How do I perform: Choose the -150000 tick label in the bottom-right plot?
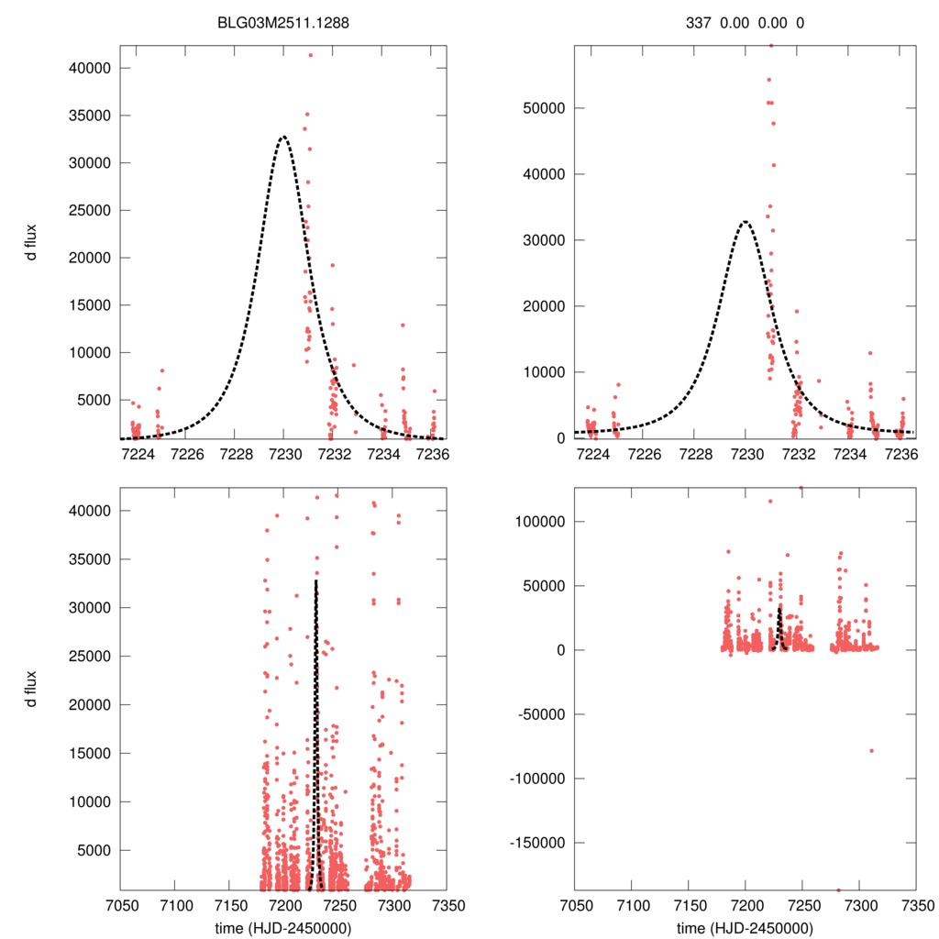point(536,843)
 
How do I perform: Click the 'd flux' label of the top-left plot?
point(32,243)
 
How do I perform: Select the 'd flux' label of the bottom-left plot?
point(32,689)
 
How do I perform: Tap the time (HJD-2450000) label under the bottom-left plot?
point(283,927)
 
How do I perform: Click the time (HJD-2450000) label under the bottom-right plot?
point(746,927)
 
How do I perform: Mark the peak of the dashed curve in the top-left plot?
point(283,137)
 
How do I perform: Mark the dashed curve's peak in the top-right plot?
point(746,221)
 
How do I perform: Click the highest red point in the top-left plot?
point(311,55)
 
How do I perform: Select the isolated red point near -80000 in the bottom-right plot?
point(871,751)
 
